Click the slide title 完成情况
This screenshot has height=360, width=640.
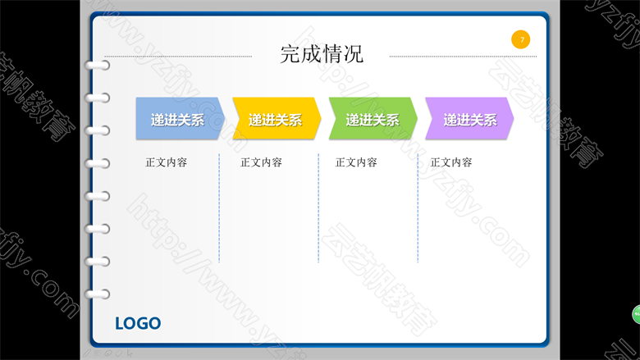pos(322,54)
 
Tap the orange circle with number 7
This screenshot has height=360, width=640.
pos(520,39)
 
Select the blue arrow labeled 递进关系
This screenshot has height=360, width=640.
pos(180,119)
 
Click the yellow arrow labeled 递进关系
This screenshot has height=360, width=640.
pos(277,119)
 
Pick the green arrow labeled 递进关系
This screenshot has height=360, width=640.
pos(373,119)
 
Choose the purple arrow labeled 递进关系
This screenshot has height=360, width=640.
pos(469,119)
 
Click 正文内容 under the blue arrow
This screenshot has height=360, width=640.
pos(166,162)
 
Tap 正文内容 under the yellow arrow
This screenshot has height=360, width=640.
pos(261,162)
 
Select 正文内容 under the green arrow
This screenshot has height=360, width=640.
pos(356,162)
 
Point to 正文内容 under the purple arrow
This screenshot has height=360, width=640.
pos(451,162)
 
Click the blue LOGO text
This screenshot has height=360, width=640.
pos(138,324)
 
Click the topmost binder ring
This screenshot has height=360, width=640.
pos(97,66)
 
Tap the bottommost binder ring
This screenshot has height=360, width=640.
pos(97,294)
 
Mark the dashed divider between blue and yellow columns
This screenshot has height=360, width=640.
pos(219,208)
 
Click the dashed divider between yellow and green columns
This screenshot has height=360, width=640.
pos(318,208)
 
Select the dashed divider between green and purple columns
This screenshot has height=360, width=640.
pos(418,208)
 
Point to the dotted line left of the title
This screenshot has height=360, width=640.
pos(178,57)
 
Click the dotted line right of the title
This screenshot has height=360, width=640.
pos(464,57)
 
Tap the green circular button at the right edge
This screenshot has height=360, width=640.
pos(637,314)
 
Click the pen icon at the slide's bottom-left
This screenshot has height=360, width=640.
pos(87,353)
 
